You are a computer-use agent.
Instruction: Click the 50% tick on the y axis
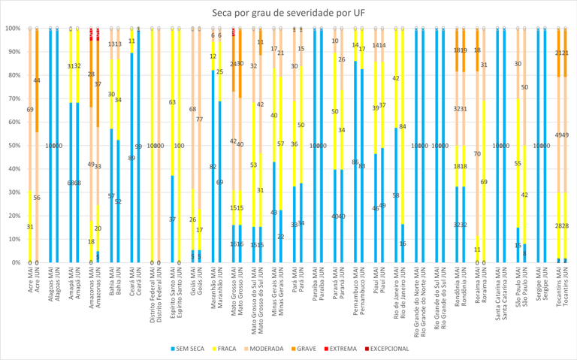point(12,145)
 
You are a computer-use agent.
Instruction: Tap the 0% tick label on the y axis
point(14,262)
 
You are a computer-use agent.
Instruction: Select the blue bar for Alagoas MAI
point(51,145)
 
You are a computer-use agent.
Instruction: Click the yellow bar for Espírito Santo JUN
point(179,145)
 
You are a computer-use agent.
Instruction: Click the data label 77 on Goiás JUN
point(199,119)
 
